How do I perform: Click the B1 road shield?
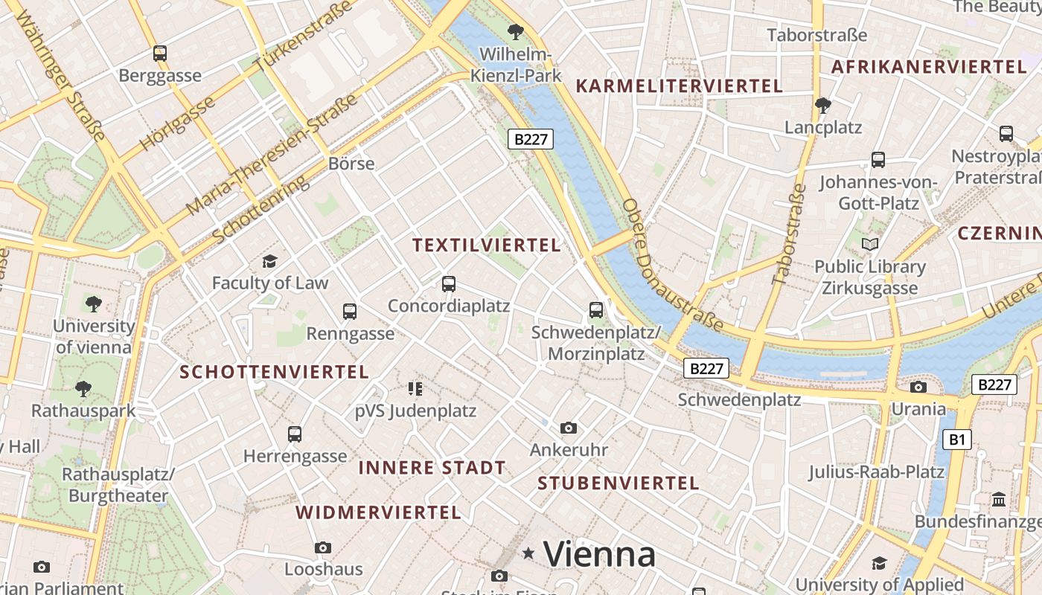click(956, 440)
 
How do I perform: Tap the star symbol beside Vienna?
click(528, 553)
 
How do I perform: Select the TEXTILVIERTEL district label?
click(486, 245)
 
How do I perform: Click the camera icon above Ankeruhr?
click(569, 428)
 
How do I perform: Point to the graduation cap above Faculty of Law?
click(269, 261)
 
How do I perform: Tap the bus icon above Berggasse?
click(160, 54)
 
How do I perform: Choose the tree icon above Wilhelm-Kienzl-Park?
click(515, 32)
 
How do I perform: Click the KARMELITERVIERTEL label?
click(680, 86)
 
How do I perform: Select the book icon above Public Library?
click(869, 244)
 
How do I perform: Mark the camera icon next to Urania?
click(918, 387)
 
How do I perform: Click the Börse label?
click(351, 164)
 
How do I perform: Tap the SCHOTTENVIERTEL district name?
click(275, 372)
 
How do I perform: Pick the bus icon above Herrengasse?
click(295, 434)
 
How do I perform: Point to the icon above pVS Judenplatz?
click(415, 388)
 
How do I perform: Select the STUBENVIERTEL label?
click(618, 483)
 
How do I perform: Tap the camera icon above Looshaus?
click(323, 547)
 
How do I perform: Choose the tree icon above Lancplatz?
click(822, 106)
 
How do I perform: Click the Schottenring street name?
click(259, 210)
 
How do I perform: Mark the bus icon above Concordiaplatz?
click(448, 283)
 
